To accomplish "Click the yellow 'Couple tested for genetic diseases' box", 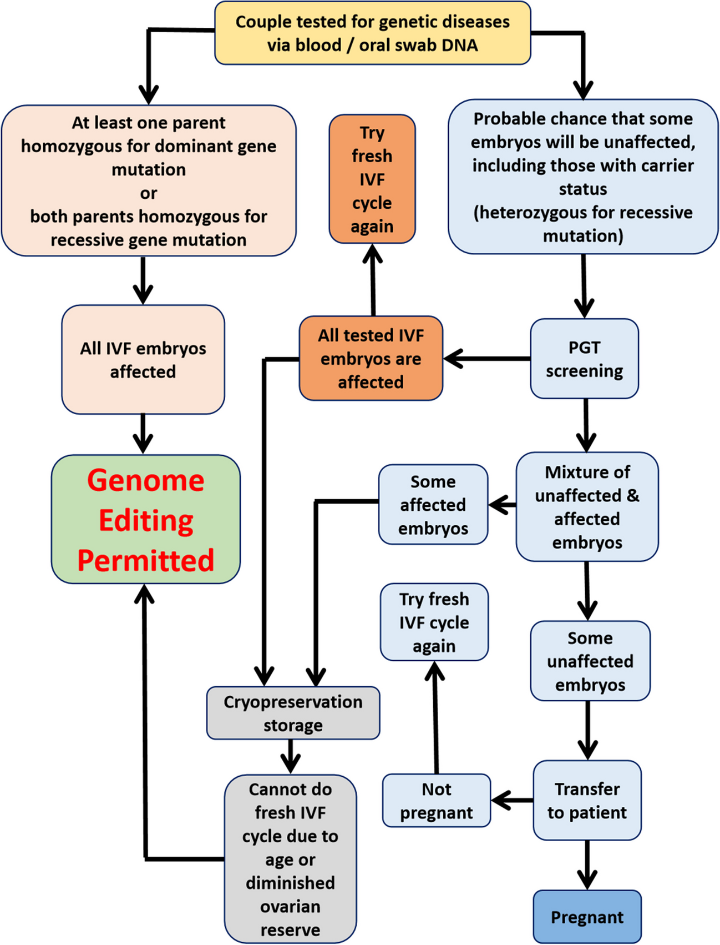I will (x=372, y=33).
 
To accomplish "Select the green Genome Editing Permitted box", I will (x=146, y=519).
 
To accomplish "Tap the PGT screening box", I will (x=584, y=359).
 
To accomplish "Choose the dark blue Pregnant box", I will (x=587, y=917).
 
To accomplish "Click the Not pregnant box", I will (x=437, y=801).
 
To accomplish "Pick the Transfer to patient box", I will (x=587, y=801).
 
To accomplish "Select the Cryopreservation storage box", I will (x=293, y=713).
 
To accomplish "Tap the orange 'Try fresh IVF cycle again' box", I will (x=372, y=179).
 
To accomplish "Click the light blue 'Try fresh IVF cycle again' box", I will (x=434, y=622).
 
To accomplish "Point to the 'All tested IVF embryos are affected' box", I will (x=371, y=359).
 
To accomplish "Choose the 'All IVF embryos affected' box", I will (x=143, y=360).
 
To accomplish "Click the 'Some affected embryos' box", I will (x=433, y=505).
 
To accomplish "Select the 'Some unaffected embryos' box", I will (x=590, y=661).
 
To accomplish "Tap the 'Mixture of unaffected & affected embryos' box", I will (x=587, y=507).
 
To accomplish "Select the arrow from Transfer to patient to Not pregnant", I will (x=512, y=801).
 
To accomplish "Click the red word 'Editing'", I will (x=146, y=520).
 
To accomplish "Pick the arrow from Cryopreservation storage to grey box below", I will (x=290, y=757).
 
